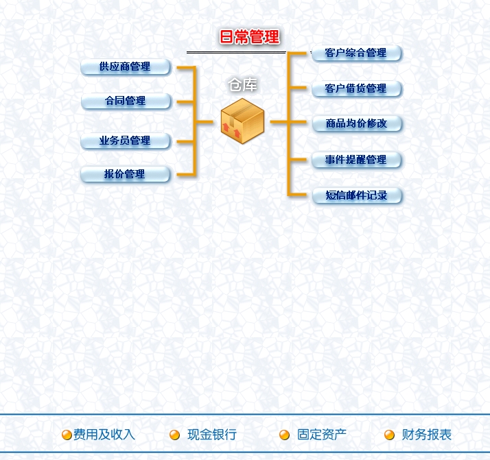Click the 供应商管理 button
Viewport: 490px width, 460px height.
coord(126,66)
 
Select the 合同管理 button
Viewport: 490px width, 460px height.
coord(126,101)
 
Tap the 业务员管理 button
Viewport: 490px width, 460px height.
coord(126,141)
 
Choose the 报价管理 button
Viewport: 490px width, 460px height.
coord(126,174)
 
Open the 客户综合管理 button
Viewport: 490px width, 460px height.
coord(356,53)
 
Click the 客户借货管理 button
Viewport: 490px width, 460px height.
coord(356,88)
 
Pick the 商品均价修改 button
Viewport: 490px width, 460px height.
coord(357,123)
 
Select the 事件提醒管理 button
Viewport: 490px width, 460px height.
coord(356,160)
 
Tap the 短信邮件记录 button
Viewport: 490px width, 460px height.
coord(357,195)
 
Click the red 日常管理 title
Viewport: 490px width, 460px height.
coord(249,37)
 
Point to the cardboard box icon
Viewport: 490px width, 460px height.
coord(242,121)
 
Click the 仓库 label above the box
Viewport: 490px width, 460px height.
coord(242,85)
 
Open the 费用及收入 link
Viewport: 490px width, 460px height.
coord(104,435)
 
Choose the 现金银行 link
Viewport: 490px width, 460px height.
coord(212,435)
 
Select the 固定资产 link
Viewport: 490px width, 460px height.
coord(322,435)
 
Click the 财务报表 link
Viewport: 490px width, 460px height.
coord(427,435)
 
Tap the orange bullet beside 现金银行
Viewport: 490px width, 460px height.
coord(174,435)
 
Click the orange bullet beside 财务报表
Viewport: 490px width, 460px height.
coord(389,435)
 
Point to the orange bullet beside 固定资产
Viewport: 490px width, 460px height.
coord(284,435)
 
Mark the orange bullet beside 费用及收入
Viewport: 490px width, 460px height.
coord(67,435)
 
